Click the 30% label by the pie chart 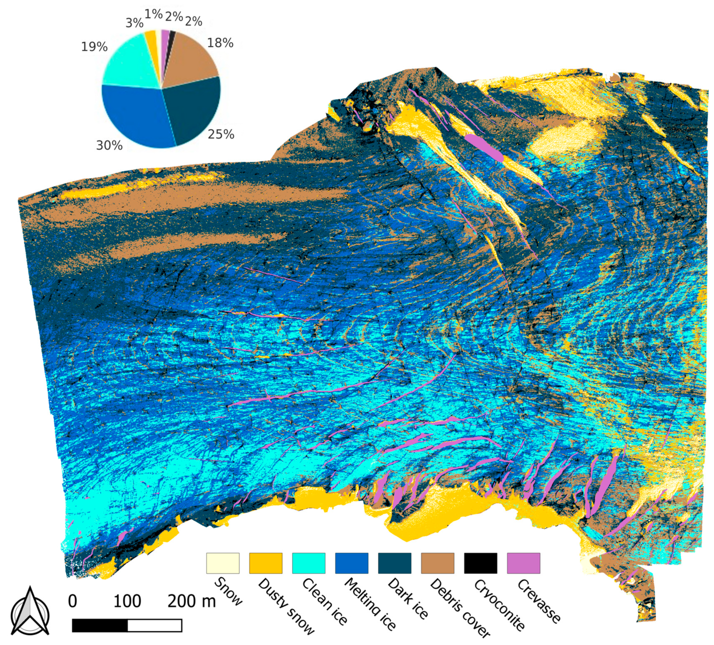click(109, 145)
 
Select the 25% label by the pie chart click(221, 134)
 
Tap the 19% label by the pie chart click(94, 47)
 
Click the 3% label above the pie click(135, 23)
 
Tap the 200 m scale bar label click(192, 601)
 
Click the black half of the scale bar click(100, 626)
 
